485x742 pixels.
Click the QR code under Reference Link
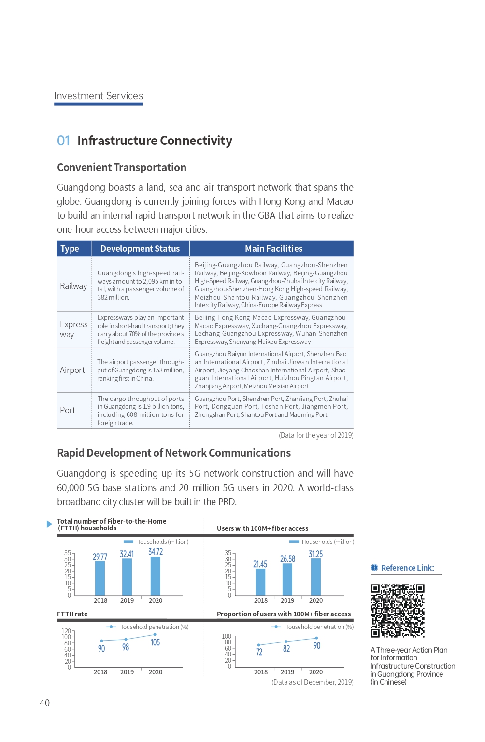pos(398,611)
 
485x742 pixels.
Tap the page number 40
pos(44,703)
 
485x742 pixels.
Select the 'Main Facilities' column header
pos(273,248)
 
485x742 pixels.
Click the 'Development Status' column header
pos(140,248)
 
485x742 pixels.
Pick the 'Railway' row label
pos(73,286)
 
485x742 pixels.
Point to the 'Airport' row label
pos(72,370)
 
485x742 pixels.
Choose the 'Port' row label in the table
pos(68,410)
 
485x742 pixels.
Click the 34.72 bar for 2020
pos(156,576)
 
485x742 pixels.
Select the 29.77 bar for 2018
pos(100,578)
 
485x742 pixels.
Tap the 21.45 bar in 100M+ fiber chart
pos(260,582)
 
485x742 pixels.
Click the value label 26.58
pos(287,559)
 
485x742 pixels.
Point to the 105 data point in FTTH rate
pos(155,635)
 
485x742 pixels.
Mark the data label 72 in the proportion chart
pos(259,652)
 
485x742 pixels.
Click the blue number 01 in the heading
pos(63,141)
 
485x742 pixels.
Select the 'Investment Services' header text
pos(99,96)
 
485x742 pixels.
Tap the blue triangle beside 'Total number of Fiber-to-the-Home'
pos(49,524)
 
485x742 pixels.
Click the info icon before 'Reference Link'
pos(374,568)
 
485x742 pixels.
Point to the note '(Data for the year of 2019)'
pos(316,435)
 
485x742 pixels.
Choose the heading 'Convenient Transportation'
pos(122,167)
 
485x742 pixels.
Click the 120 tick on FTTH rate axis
pos(66,631)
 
